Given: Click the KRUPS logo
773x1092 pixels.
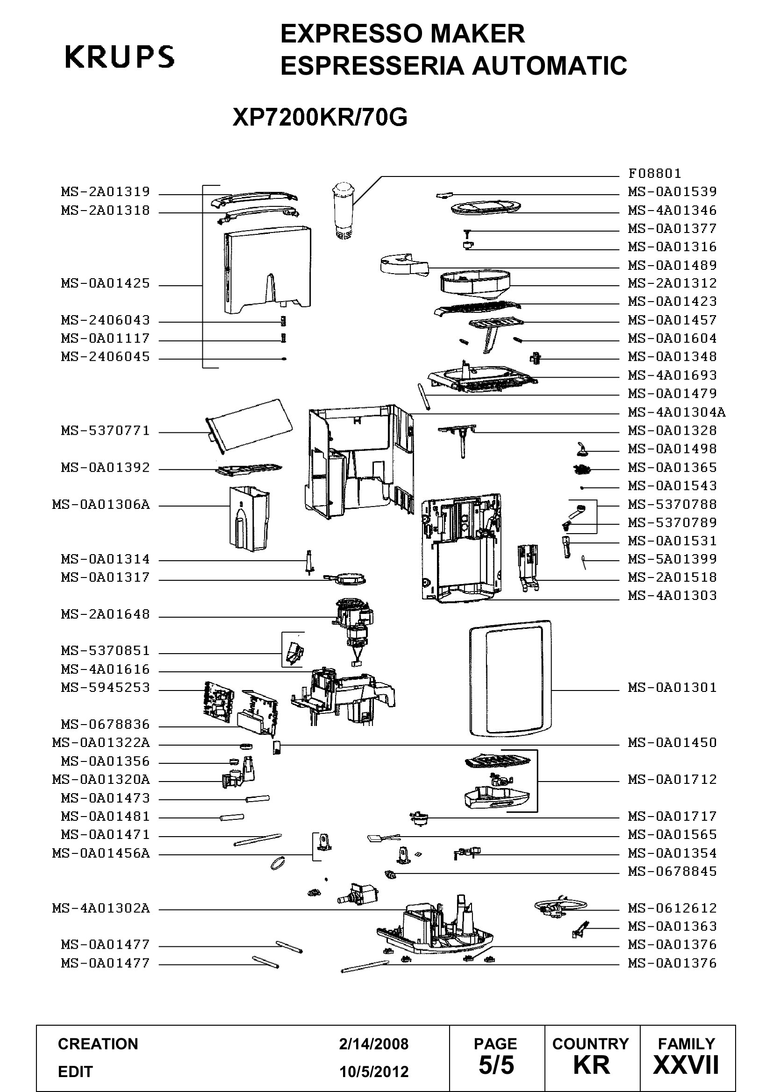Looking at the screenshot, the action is (120, 57).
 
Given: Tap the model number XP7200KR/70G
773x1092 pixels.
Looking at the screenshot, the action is (320, 117).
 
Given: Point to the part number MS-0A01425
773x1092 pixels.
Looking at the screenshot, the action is (105, 283).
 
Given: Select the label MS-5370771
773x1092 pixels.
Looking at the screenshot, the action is (105, 431).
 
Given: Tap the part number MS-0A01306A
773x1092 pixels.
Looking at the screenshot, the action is (101, 505).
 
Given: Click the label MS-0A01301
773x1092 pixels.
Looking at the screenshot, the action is (672, 688).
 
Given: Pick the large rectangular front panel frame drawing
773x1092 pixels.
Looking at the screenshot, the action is (510, 678).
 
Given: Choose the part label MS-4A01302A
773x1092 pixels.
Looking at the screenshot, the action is (101, 909).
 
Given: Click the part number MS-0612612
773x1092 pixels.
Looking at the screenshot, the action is (672, 909).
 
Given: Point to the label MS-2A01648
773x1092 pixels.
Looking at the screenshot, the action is (105, 614).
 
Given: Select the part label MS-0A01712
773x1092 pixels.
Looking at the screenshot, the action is (672, 780).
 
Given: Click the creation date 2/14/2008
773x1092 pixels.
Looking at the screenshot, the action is (374, 1044).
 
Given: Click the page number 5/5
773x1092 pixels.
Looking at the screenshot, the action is (496, 1065).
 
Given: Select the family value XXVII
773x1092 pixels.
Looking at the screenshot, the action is (686, 1065).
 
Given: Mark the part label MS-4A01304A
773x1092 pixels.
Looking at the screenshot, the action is (677, 412).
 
